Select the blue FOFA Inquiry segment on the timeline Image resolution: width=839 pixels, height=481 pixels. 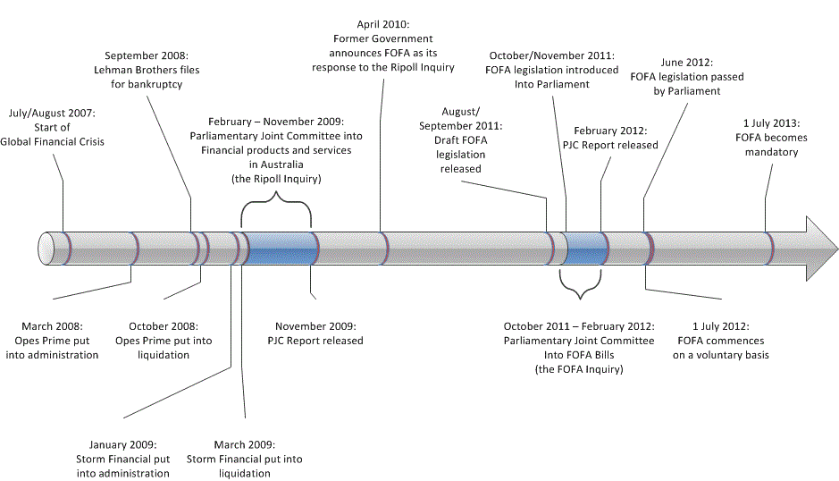pos(585,249)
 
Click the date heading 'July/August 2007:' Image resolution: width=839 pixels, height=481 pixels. pos(52,113)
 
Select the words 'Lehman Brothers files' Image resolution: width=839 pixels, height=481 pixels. pos(147,70)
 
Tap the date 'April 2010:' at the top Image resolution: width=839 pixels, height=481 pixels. pos(383,24)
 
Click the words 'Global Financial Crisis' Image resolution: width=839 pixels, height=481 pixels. pos(52,141)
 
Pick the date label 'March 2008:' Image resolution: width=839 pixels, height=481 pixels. pos(52,326)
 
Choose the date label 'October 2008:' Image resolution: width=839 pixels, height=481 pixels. pos(164,326)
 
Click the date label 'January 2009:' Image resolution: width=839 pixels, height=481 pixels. pos(122,444)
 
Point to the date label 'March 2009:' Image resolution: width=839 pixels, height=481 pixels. pos(245,444)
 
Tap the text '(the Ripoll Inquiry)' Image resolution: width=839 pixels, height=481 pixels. pos(276,179)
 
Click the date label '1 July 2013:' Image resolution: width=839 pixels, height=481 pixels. pos(772,123)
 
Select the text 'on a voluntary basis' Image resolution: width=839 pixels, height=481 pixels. pos(721,355)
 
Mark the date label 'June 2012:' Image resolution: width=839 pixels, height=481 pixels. pos(686,62)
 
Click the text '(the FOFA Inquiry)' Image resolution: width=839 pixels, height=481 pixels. pos(579,369)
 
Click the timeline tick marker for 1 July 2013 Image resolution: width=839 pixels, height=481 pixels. pos(768,249)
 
